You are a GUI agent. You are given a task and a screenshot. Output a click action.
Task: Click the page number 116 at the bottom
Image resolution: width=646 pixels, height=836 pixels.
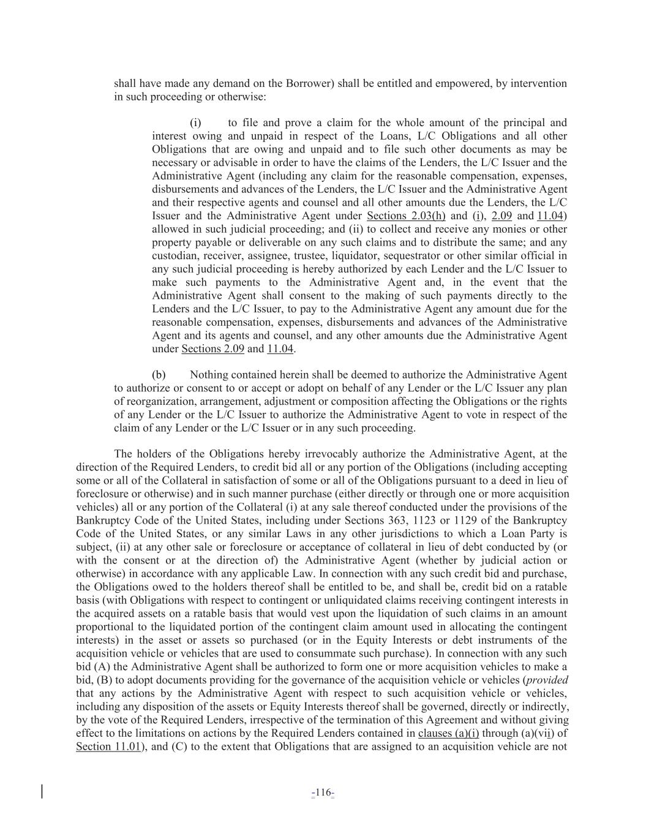pyautogui.click(x=323, y=793)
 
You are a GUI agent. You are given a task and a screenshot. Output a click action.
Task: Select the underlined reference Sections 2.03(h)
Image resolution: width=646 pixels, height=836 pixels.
pyautogui.click(x=406, y=216)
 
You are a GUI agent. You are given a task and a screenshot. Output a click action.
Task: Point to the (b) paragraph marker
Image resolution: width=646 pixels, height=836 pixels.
pyautogui.click(x=159, y=374)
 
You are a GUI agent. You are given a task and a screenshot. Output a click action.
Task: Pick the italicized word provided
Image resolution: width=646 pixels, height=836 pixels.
pyautogui.click(x=547, y=680)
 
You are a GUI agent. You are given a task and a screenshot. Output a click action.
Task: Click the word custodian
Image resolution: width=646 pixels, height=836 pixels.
pyautogui.click(x=174, y=255)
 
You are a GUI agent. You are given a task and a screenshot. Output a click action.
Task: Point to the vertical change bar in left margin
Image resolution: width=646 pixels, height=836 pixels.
pyautogui.click(x=42, y=791)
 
